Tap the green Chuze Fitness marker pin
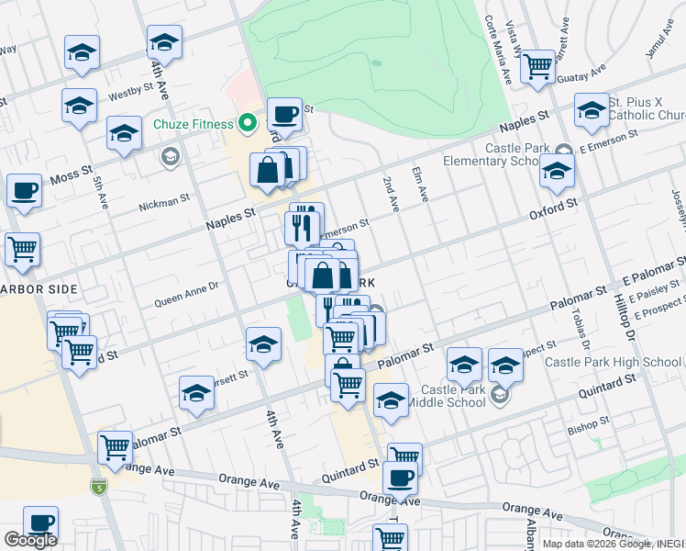click(x=247, y=122)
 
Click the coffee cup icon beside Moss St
click(x=25, y=191)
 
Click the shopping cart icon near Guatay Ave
click(x=537, y=66)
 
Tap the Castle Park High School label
click(x=613, y=362)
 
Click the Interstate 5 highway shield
click(x=98, y=484)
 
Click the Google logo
click(x=30, y=540)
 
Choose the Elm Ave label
click(x=422, y=185)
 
